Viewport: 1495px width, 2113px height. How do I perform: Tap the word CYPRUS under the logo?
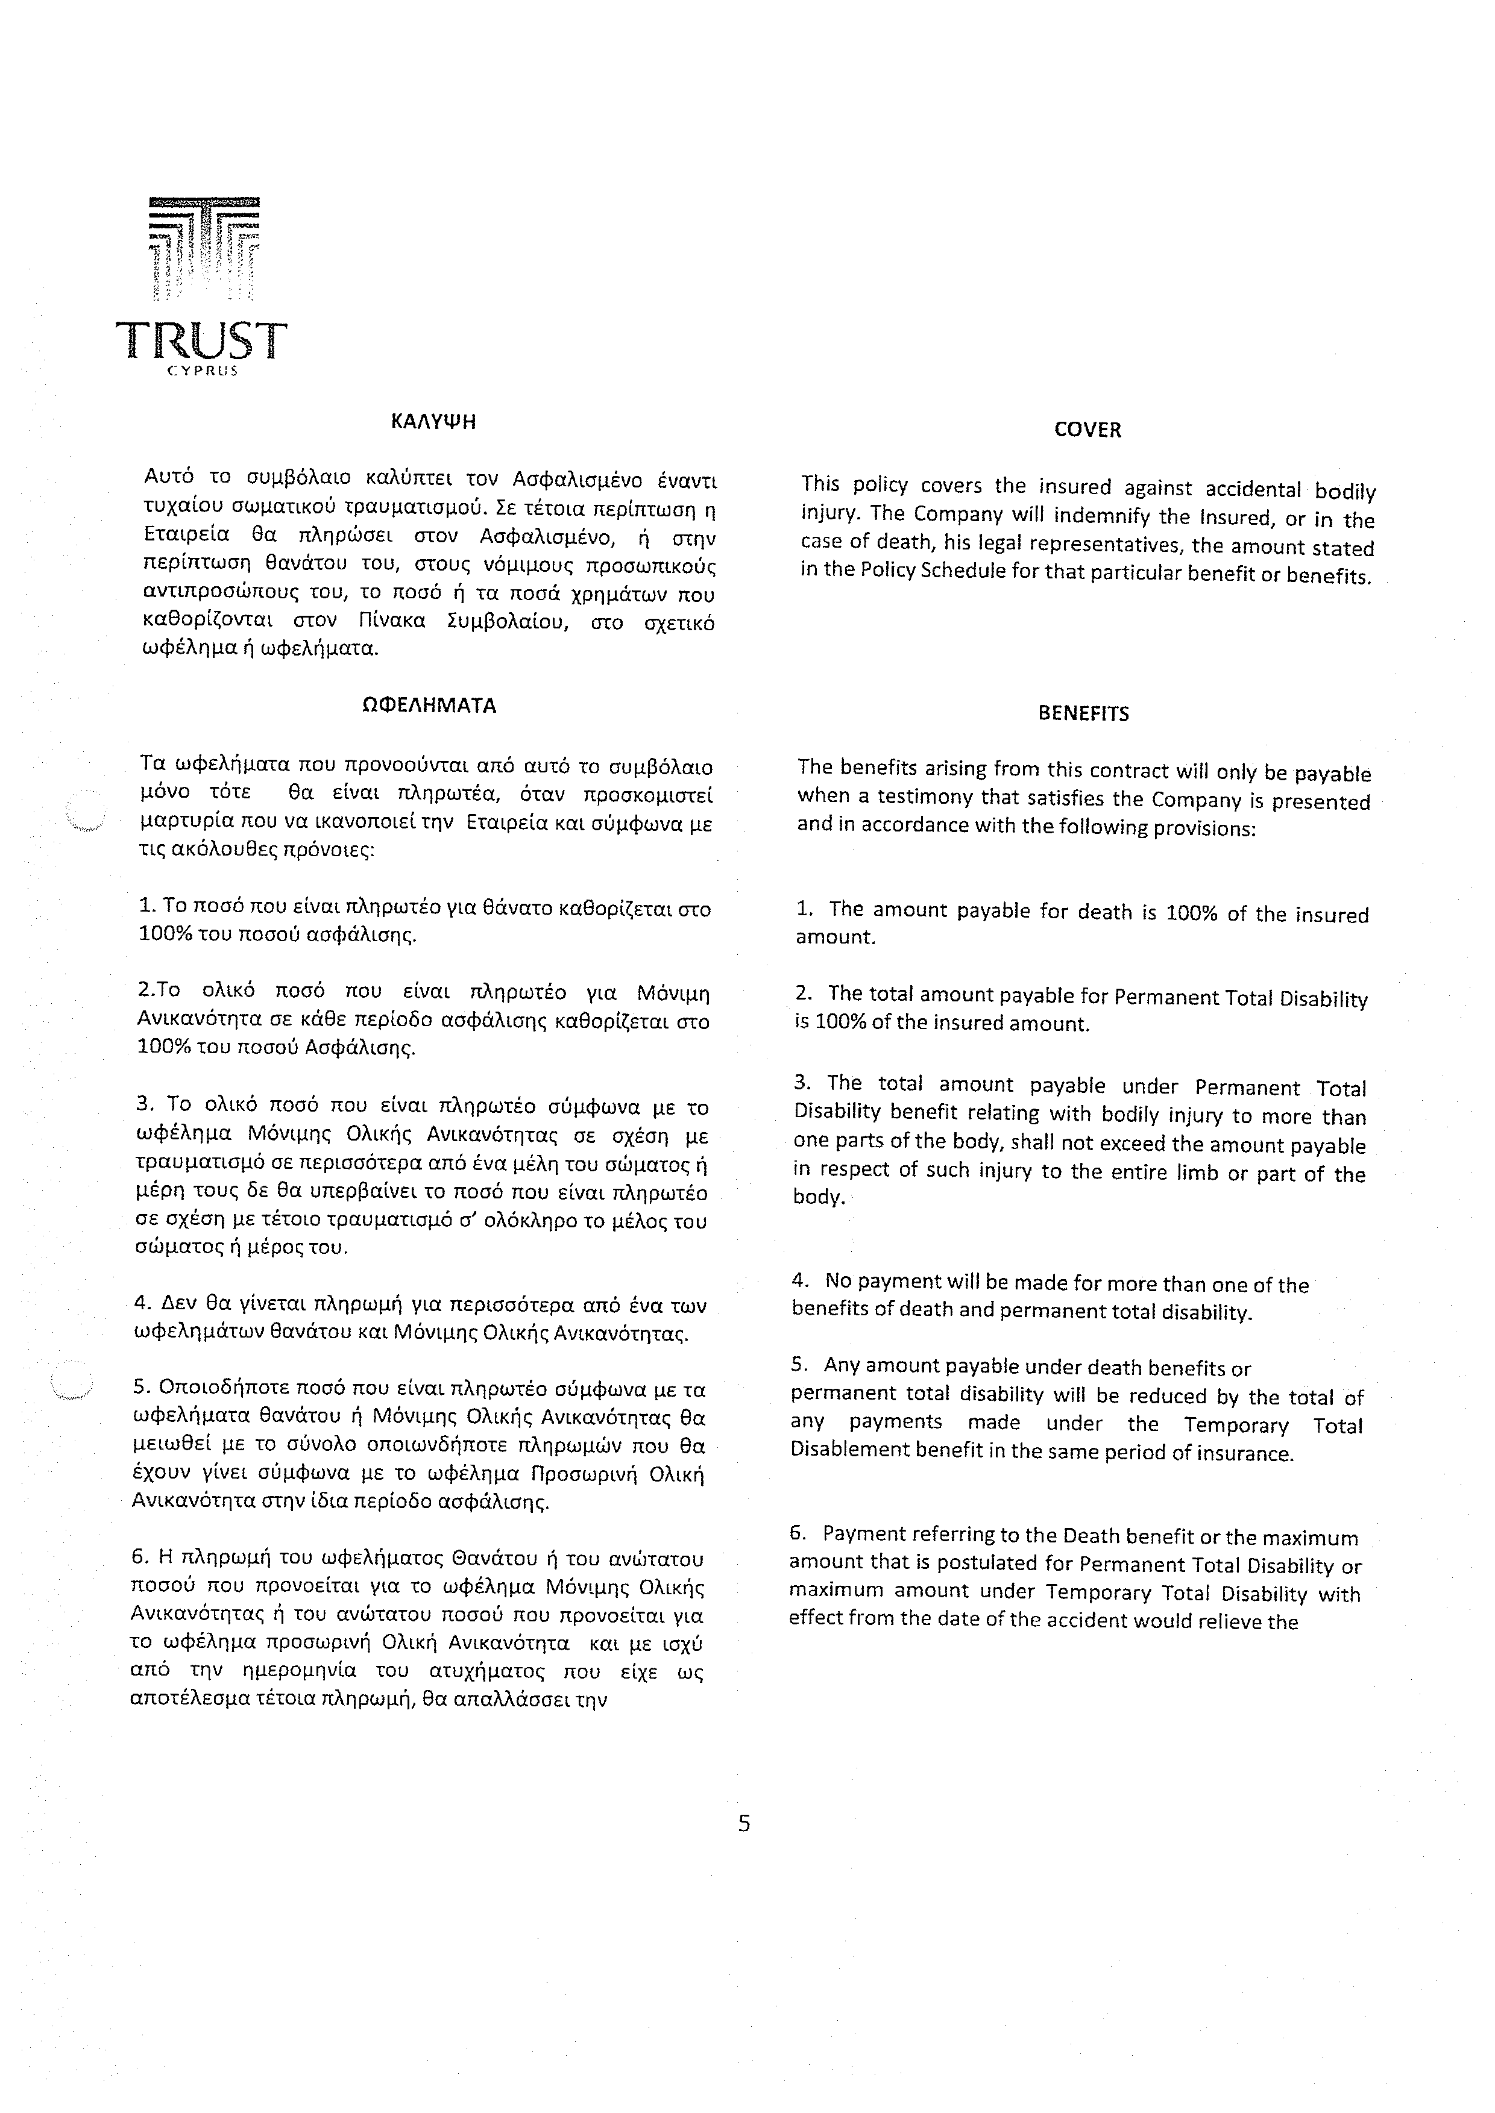203,372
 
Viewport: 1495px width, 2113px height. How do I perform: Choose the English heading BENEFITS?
1083,714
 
